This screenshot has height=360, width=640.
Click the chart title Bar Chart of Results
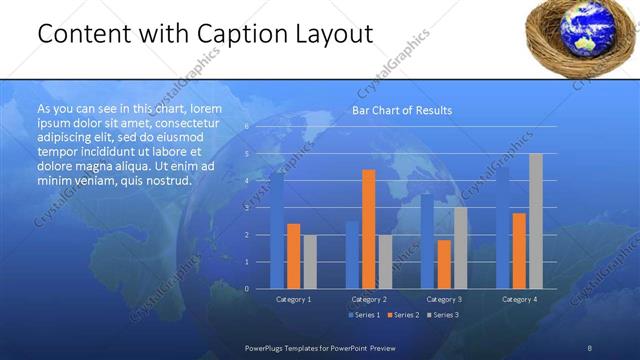pos(401,110)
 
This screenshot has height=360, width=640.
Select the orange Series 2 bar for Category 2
pos(369,229)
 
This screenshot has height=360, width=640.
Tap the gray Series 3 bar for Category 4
pos(536,221)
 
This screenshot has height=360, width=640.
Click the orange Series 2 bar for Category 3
pos(444,264)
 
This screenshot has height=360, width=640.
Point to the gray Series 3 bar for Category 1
pos(309,261)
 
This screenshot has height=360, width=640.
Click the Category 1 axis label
pos(293,299)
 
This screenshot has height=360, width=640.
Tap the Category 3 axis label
pos(443,299)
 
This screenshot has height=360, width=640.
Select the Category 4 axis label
pos(519,299)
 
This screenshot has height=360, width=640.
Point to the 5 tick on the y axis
pos(247,154)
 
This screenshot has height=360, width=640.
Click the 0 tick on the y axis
pos(247,288)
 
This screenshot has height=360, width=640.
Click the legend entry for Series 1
pos(364,315)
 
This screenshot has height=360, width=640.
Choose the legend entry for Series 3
pos(443,315)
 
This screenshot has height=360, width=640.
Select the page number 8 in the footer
pos(590,347)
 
